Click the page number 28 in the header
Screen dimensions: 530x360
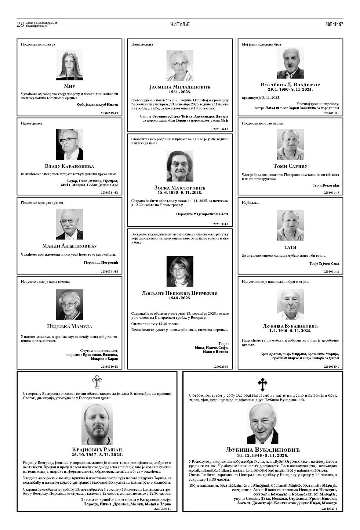pos(20,24)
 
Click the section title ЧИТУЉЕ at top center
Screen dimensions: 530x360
pos(180,24)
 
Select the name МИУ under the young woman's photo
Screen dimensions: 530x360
pos(69,86)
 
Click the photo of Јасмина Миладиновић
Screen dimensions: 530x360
pos(180,65)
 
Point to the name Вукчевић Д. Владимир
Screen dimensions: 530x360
pos(290,84)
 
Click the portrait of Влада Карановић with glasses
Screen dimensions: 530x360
pos(69,144)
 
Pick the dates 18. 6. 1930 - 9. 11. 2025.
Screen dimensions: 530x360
pos(180,192)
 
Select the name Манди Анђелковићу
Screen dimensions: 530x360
pos(69,246)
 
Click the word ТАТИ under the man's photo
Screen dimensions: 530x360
pos(290,247)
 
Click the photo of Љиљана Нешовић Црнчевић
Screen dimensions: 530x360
pos(180,271)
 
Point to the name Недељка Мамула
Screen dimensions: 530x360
pos(69,326)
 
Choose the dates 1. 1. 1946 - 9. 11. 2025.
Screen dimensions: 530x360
pos(290,331)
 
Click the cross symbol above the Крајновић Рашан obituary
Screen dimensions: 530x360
pos(97,382)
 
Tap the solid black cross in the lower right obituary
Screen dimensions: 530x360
pos(262,385)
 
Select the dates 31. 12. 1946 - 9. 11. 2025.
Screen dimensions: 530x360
pos(263,455)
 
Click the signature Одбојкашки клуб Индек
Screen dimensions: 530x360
pos(97,105)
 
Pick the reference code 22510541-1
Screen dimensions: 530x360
pos(221,129)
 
